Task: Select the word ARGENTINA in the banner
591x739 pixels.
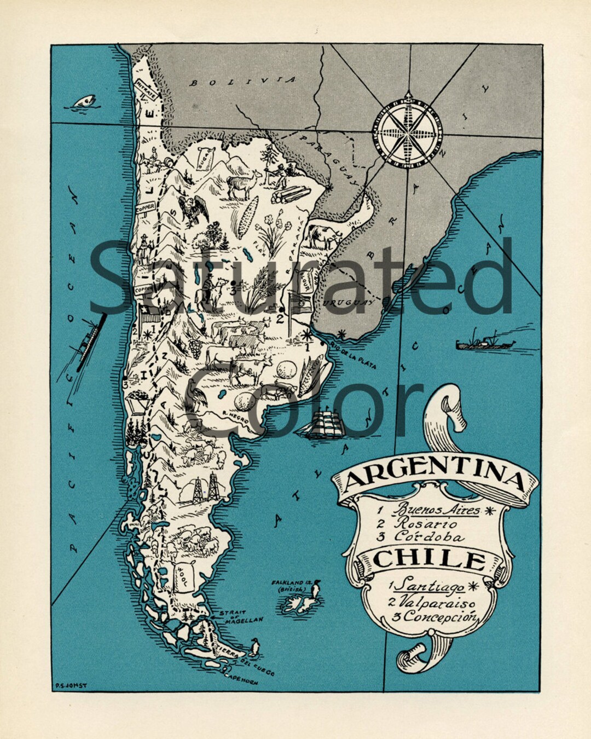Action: coord(435,476)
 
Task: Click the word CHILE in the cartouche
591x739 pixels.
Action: coord(430,560)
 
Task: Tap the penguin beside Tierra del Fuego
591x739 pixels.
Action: coord(253,647)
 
